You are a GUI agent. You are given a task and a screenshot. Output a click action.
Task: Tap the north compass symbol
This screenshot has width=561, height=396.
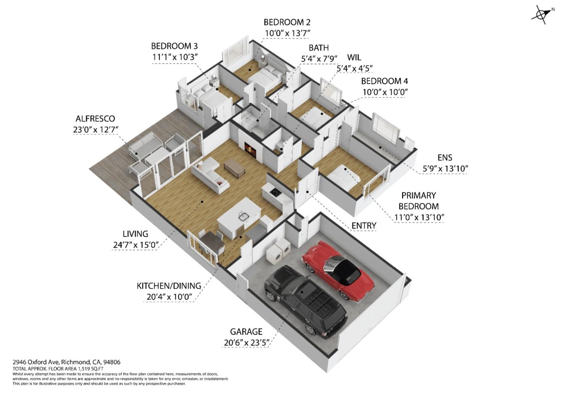(x=542, y=15)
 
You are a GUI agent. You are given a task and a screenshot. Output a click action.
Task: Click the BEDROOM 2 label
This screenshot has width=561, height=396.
(x=287, y=22)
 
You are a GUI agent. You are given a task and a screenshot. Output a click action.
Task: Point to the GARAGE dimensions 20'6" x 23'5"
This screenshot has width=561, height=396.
(x=246, y=342)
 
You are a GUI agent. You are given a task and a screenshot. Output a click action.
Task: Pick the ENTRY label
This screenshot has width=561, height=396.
(x=363, y=226)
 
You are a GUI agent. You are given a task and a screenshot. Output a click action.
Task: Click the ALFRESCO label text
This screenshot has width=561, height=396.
(x=95, y=119)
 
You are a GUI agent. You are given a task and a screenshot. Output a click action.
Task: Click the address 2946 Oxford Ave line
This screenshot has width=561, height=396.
(x=66, y=362)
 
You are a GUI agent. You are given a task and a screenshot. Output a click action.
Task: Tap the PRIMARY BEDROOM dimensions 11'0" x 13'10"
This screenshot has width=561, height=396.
(x=419, y=217)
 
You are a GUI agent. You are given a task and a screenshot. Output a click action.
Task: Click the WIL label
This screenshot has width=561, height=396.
(x=354, y=58)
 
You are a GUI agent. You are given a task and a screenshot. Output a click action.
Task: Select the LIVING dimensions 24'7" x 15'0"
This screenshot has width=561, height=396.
(x=135, y=245)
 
